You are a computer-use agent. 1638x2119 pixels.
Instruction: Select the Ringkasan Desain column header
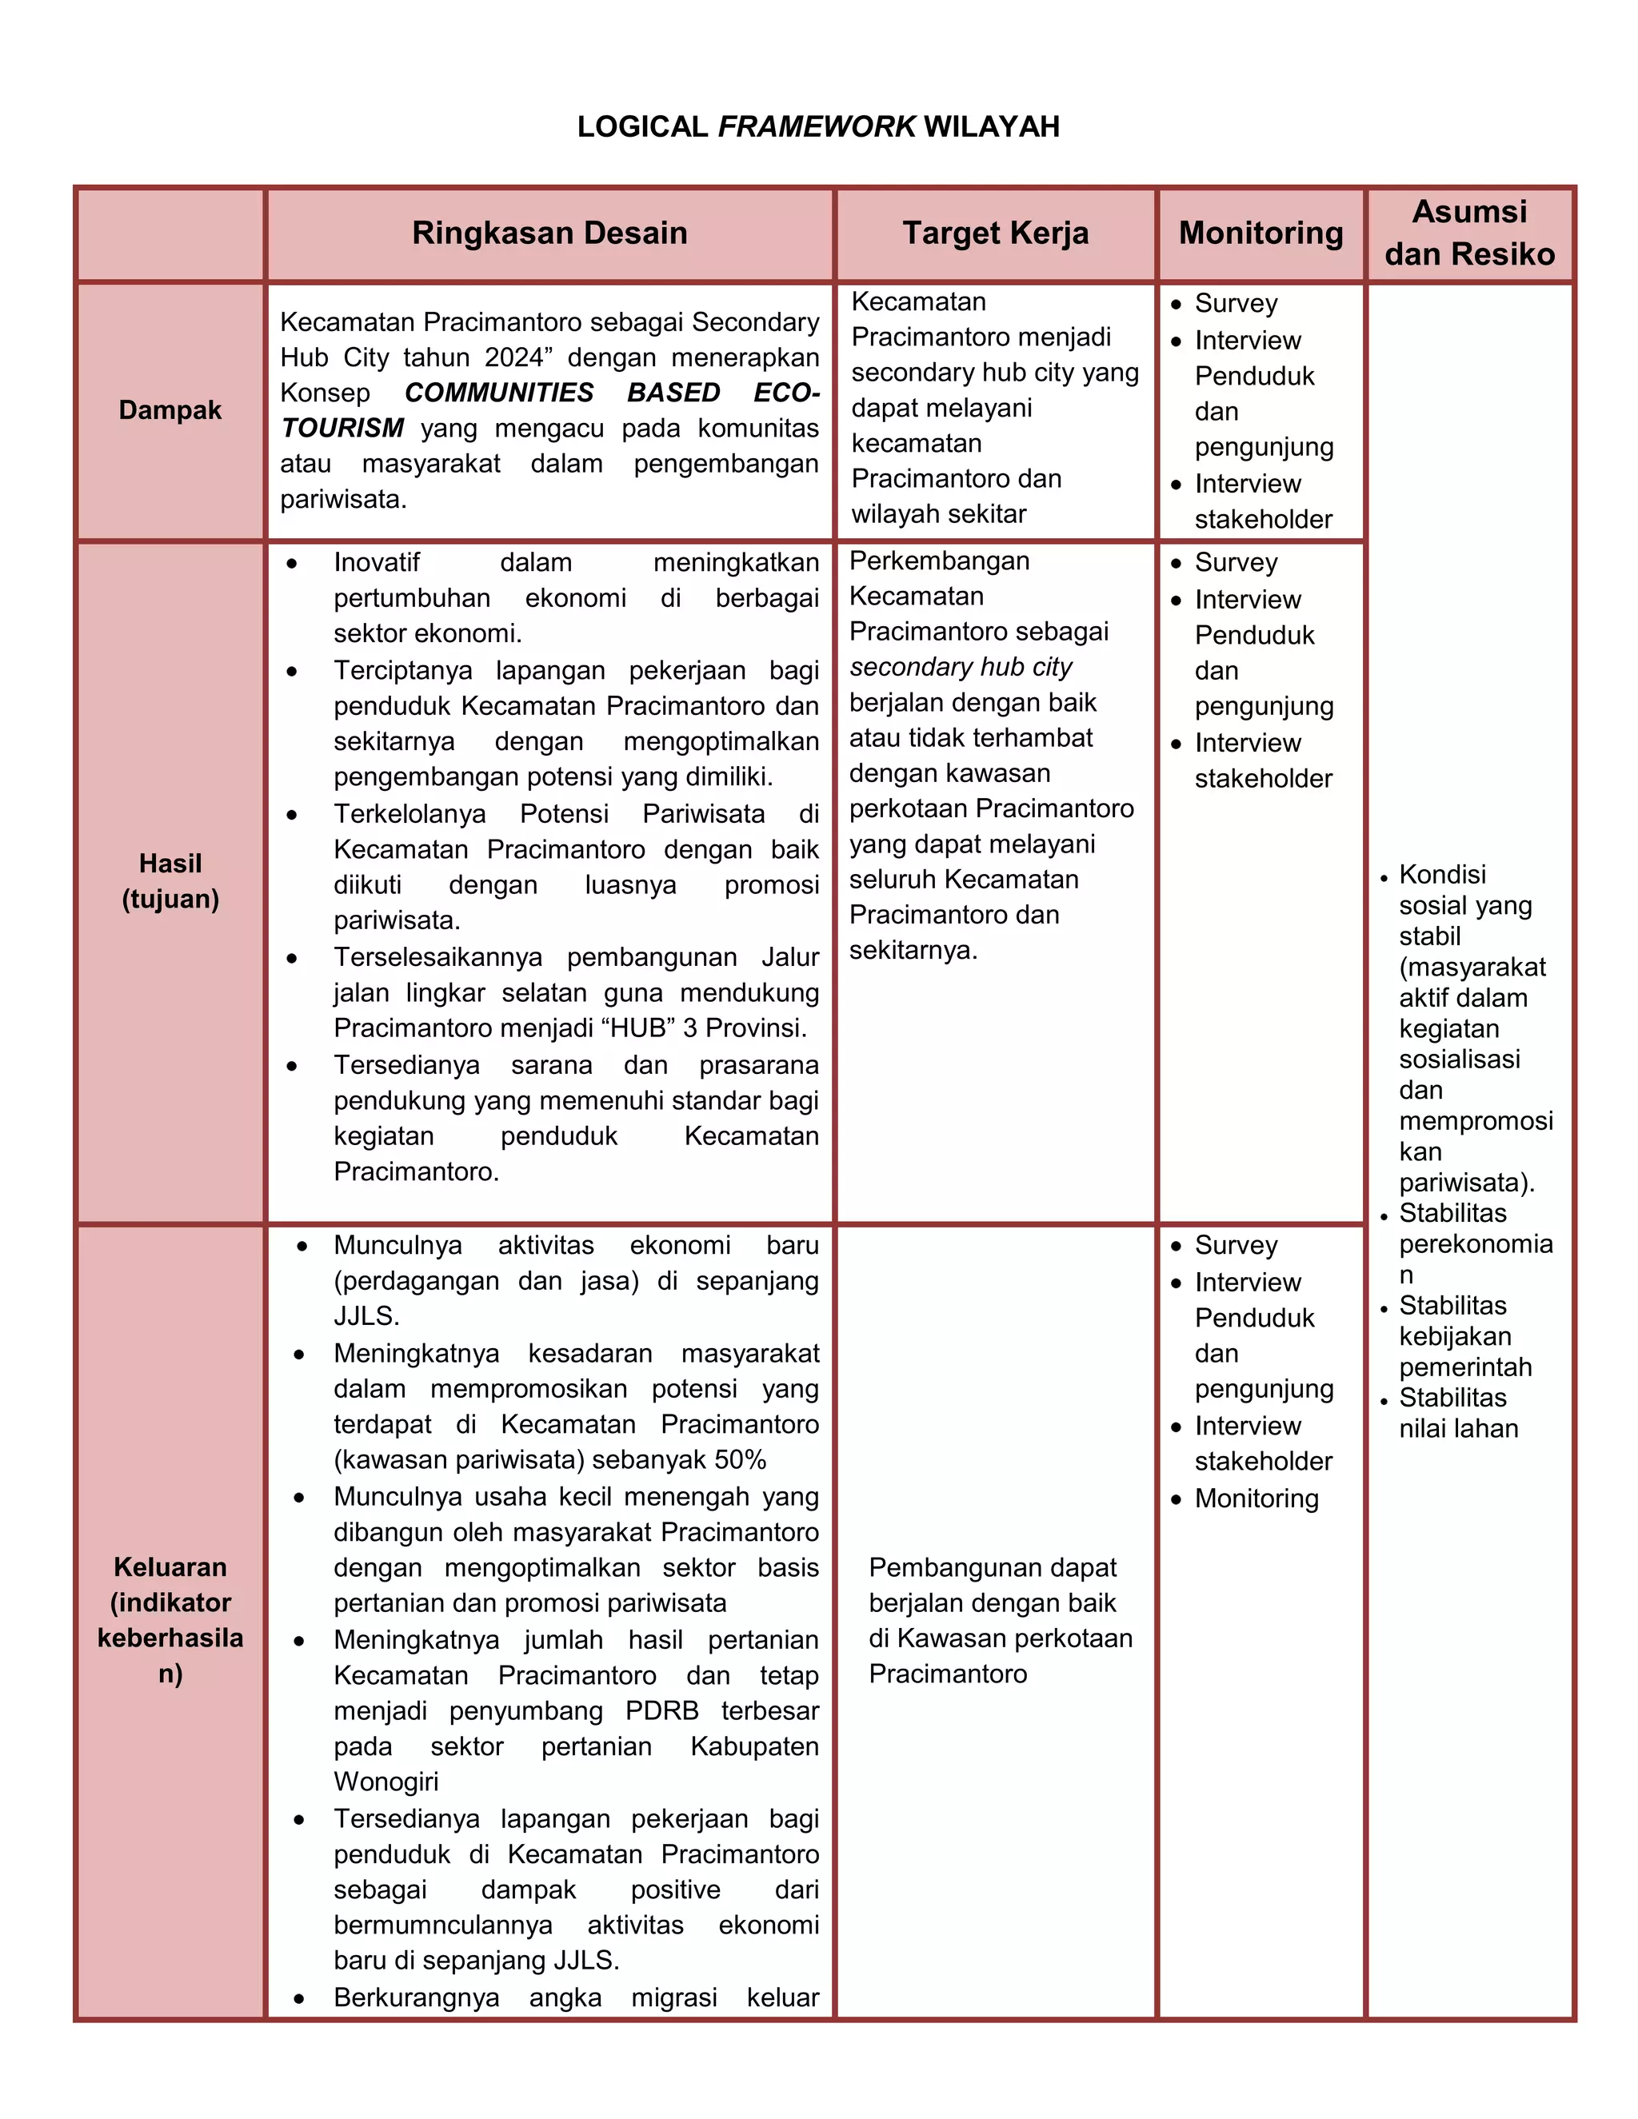[549, 233]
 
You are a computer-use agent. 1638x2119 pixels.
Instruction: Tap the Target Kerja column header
[996, 233]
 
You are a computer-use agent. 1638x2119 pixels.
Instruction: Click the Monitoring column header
[1260, 233]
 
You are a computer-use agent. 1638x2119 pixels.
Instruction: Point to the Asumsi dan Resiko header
[1469, 233]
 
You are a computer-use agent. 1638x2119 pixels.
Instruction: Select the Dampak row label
[170, 410]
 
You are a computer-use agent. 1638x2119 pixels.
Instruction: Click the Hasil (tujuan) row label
[170, 881]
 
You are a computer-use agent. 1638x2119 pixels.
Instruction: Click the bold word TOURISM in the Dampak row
[342, 428]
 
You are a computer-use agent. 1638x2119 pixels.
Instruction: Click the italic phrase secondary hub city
[960, 667]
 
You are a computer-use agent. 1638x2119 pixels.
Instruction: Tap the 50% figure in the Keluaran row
[741, 1459]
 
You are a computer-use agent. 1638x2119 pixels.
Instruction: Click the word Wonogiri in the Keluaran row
[386, 1782]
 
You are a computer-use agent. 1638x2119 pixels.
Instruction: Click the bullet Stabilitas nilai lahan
[1457, 1413]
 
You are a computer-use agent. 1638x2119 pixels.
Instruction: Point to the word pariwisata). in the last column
[1466, 1182]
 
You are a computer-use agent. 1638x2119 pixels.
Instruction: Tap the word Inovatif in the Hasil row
[377, 563]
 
